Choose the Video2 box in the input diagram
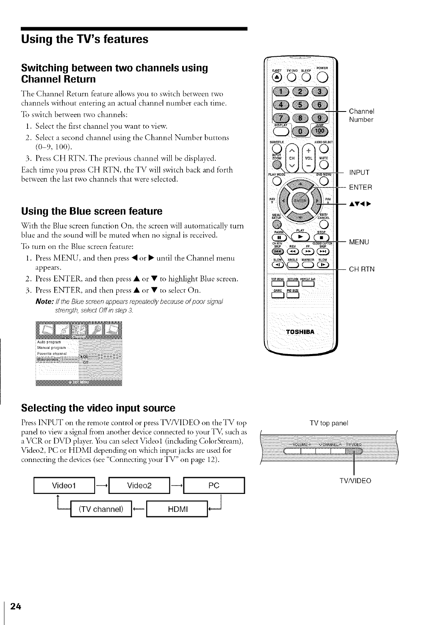pos(139,486)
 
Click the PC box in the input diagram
pos(214,486)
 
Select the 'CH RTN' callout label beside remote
pos(362,269)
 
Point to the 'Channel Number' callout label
pos(361,115)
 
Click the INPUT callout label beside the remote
pos(359,173)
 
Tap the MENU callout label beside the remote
pos(359,242)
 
